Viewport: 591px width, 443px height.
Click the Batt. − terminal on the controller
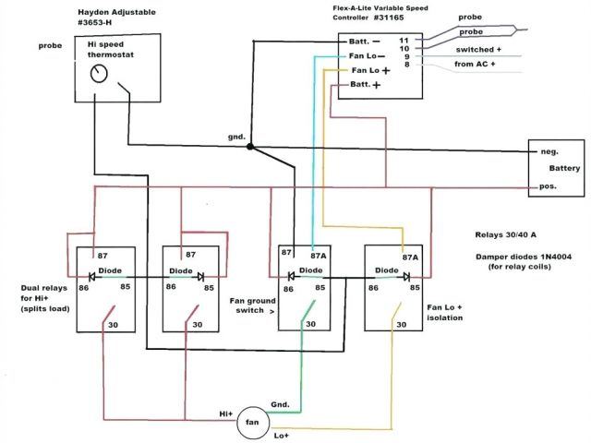(362, 42)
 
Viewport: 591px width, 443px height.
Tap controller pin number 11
(404, 41)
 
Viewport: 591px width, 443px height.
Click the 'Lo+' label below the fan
(282, 434)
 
